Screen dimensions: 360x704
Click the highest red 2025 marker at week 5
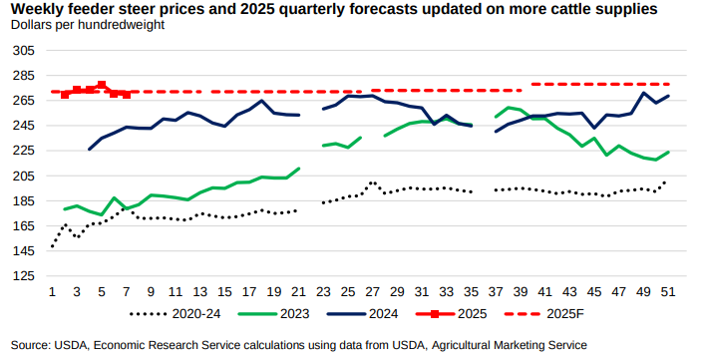[102, 86]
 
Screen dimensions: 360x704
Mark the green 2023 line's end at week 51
[667, 152]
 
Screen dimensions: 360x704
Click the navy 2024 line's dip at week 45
[594, 128]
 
